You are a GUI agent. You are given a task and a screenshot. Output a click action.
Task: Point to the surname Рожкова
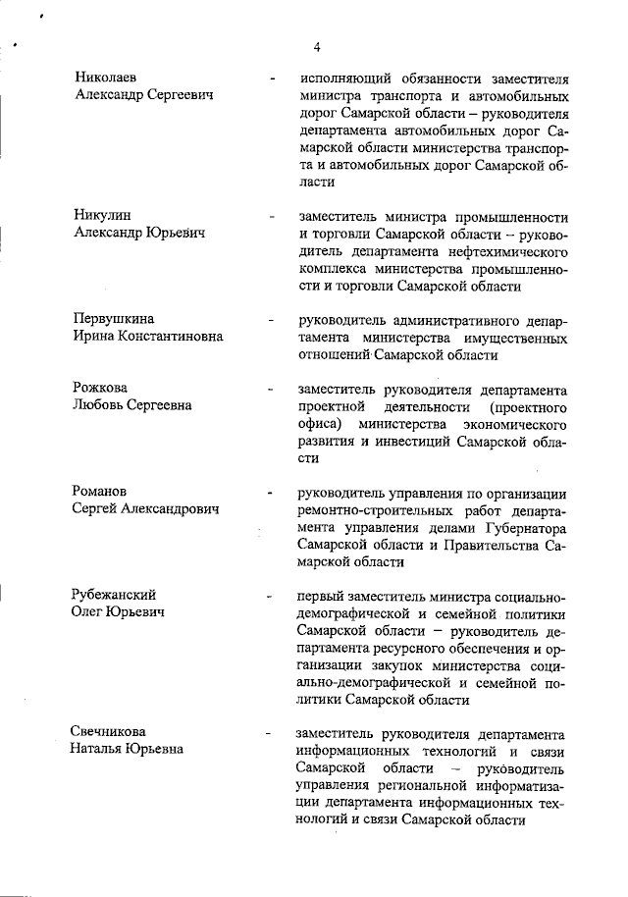100,388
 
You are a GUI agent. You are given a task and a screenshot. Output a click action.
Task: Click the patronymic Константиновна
173,337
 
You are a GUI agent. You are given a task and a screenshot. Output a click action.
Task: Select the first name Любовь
98,405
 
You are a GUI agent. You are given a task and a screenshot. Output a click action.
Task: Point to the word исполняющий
347,78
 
